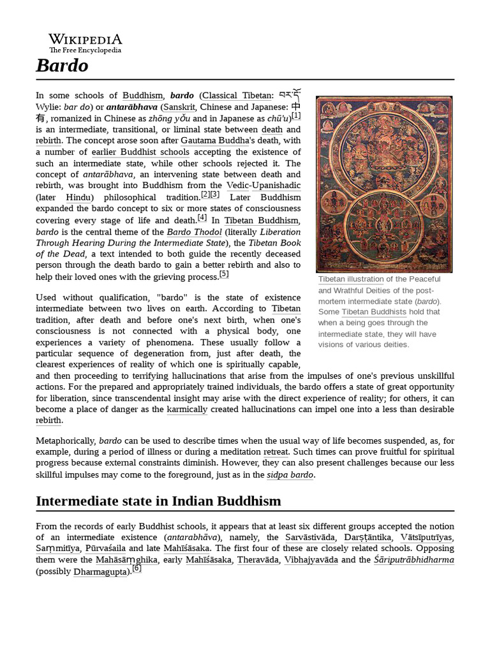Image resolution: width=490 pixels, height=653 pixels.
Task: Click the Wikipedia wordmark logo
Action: point(85,40)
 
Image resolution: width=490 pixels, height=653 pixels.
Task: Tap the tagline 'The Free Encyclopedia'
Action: point(85,50)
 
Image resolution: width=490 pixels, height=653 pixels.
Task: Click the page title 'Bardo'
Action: point(62,66)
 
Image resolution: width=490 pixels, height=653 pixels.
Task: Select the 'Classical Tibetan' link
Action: point(237,95)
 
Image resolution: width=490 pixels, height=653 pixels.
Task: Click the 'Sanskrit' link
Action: point(179,106)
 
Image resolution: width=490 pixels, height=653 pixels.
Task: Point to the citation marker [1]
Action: point(296,116)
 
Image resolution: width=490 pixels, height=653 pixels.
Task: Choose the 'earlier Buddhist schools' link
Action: point(140,152)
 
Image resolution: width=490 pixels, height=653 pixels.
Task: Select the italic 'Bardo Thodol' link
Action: point(194,231)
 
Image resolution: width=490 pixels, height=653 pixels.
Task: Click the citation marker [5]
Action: point(223,274)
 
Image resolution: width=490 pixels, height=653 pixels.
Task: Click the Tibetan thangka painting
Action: point(384,184)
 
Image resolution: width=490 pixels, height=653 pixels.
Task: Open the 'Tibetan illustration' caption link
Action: point(351,279)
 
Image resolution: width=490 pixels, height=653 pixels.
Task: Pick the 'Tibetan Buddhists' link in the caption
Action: point(373,312)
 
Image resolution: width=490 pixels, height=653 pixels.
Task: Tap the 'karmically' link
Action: point(187,409)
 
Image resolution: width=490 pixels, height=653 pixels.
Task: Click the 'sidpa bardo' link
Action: point(290,474)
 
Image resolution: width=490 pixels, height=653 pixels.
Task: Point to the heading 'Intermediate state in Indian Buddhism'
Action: point(158,501)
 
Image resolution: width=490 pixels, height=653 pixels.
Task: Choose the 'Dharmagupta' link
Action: point(101,571)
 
